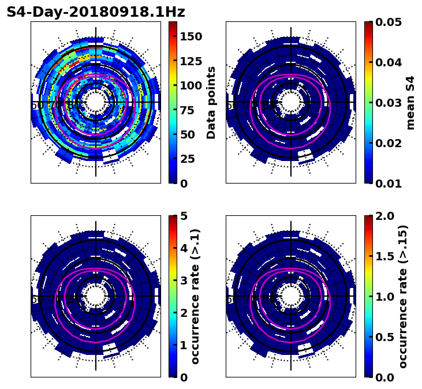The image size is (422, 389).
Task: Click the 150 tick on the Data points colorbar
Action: click(190, 36)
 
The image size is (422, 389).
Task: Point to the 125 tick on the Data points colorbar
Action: click(190, 61)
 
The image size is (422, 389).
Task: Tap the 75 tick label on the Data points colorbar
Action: click(190, 110)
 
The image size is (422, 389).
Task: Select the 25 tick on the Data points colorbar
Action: click(190, 159)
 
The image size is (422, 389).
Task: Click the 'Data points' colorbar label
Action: click(211, 102)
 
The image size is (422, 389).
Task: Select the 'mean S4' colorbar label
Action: click(410, 102)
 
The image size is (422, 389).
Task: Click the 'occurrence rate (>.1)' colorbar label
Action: click(195, 297)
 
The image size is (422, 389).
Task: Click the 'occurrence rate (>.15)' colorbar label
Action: click(403, 297)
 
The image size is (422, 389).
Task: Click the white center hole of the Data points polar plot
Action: click(96, 102)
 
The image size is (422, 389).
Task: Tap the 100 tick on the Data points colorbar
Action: click(190, 85)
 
